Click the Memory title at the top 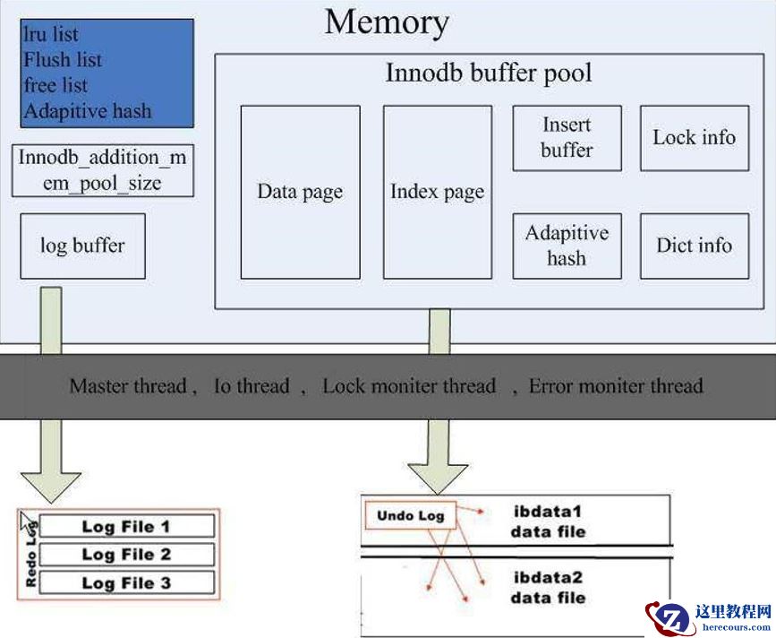[x=387, y=22]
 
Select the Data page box [x=300, y=192]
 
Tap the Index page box [x=437, y=192]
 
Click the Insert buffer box [x=567, y=138]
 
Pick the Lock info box [x=694, y=138]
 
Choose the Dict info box [x=694, y=246]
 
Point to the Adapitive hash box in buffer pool [x=567, y=246]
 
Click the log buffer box [x=82, y=246]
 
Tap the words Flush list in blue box [x=63, y=60]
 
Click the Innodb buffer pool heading [x=489, y=73]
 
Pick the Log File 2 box [x=126, y=555]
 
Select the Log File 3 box [x=126, y=583]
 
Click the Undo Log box [x=411, y=515]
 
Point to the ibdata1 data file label [x=548, y=522]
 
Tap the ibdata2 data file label [x=548, y=588]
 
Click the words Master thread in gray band [x=127, y=386]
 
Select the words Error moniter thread [x=616, y=386]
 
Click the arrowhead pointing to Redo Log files [x=52, y=484]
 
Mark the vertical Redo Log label [x=30, y=556]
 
